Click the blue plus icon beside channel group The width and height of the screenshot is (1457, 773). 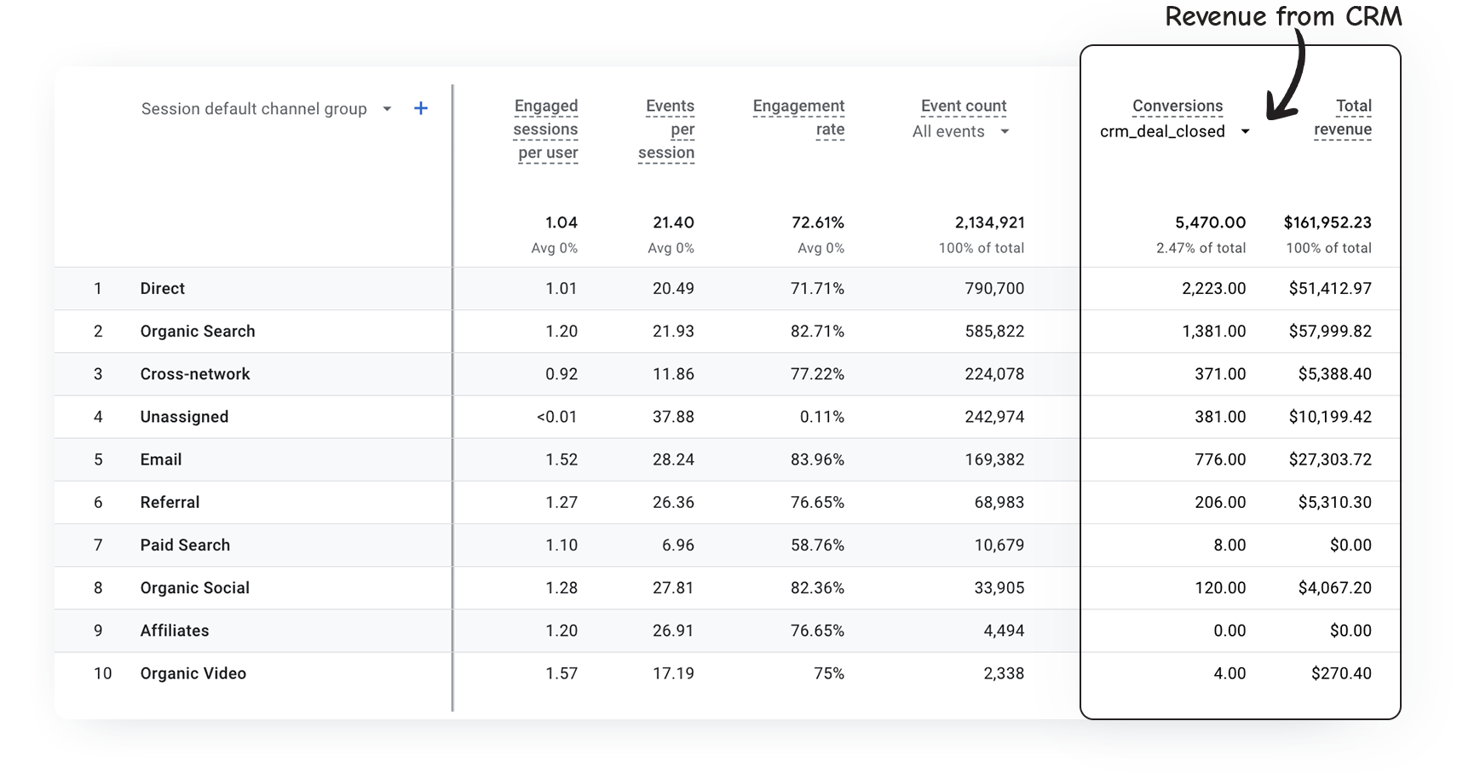[x=420, y=108]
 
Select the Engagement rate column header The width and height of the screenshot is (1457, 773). [x=798, y=118]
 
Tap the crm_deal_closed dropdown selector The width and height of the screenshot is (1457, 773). [x=1174, y=131]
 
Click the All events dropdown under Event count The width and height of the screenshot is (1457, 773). [x=960, y=131]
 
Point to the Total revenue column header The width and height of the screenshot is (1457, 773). [x=1343, y=118]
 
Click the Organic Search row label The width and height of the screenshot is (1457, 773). [x=198, y=332]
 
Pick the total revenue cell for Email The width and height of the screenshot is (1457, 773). [x=1330, y=459]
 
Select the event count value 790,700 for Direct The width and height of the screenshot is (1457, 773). [x=994, y=289]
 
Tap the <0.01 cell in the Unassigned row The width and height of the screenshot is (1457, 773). [x=556, y=417]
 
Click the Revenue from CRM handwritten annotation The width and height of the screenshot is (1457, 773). [x=1282, y=15]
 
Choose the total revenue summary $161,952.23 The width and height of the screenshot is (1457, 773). [x=1327, y=222]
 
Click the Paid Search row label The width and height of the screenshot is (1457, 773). [x=185, y=545]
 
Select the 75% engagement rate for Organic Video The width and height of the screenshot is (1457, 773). [x=828, y=673]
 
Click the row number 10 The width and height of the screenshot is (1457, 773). [x=102, y=673]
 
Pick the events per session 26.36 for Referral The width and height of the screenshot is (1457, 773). [x=673, y=502]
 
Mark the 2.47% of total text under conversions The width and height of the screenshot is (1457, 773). [x=1201, y=248]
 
